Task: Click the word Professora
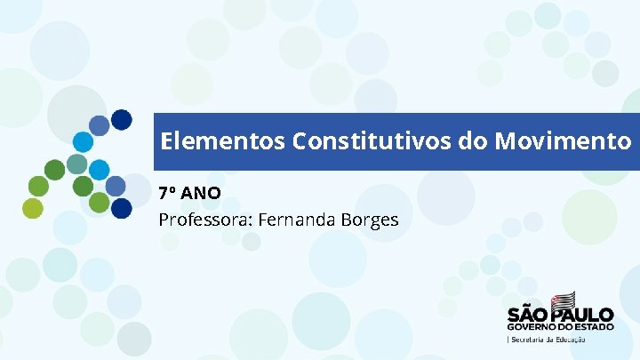pos(204,219)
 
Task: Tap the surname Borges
pos(369,219)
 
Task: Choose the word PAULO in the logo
pos(583,315)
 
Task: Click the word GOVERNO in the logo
pos(533,327)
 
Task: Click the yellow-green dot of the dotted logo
pos(33,208)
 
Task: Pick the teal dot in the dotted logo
pos(77,164)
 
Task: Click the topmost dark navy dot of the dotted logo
pos(122,118)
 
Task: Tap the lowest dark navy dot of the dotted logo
pos(122,208)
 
